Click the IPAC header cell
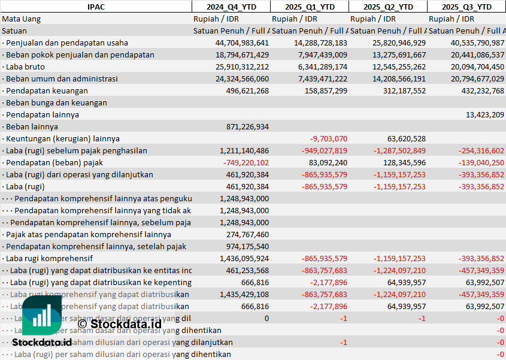[x=96, y=7]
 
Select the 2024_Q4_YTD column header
[x=231, y=7]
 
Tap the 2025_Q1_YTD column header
[x=310, y=7]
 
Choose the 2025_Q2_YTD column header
[x=388, y=7]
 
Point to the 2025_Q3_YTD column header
[x=466, y=7]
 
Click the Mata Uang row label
[x=22, y=19]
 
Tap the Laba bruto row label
[x=27, y=66]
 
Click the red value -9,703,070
[x=326, y=138]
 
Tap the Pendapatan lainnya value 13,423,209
[x=484, y=114]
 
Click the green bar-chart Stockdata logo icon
[x=42, y=316]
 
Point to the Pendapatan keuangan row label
[x=47, y=90]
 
